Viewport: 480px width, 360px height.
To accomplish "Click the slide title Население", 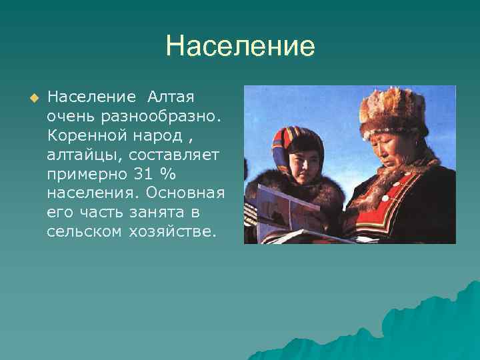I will click(240, 47).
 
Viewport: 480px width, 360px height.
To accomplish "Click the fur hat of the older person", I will click(393, 109).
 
